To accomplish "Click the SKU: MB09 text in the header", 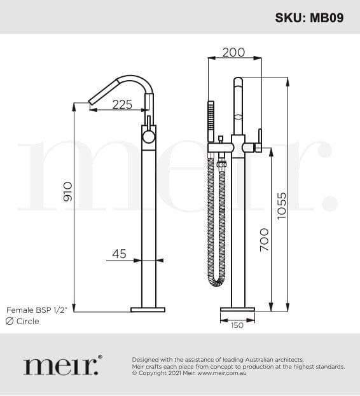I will [309, 17].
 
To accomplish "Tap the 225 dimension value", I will [122, 104].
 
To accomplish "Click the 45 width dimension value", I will [119, 254].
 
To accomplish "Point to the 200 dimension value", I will [233, 52].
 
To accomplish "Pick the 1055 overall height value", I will [282, 205].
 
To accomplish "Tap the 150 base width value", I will [237, 325].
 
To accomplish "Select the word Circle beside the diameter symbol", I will [27, 322].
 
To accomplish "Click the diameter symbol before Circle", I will [10, 322].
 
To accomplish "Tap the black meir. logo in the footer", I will [62, 365].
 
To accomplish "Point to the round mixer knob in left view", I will [148, 137].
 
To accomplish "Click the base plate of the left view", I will [148, 310].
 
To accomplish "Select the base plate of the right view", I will [237, 310].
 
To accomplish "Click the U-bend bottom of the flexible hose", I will [216, 280].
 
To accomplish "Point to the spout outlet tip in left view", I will [92, 100].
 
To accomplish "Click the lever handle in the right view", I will [260, 139].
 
